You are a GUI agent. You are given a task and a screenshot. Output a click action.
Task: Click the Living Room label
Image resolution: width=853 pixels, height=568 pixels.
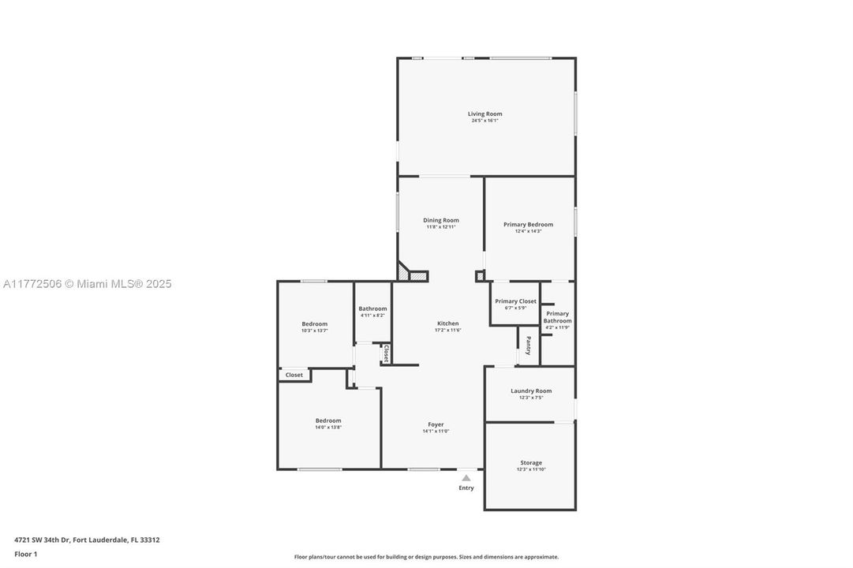point(484,114)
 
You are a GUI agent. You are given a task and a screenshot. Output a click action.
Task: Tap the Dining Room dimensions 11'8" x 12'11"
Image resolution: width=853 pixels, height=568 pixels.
point(440,227)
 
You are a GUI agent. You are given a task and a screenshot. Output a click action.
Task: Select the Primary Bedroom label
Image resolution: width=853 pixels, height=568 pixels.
point(528,225)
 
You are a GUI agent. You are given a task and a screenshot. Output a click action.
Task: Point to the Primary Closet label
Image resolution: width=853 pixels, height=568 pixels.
point(515,301)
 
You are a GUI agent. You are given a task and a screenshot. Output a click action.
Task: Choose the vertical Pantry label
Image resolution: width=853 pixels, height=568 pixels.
point(528,346)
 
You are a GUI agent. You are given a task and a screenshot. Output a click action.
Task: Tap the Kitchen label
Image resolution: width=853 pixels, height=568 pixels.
point(447,323)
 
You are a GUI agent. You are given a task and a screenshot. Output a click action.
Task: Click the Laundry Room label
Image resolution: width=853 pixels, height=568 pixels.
point(530,390)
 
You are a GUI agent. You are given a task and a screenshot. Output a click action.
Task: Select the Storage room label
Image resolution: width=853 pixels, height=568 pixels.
point(530,463)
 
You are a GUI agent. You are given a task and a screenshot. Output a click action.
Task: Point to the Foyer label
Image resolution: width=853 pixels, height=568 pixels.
point(436,424)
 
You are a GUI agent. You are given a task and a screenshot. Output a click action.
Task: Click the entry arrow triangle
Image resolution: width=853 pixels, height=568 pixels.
point(466,477)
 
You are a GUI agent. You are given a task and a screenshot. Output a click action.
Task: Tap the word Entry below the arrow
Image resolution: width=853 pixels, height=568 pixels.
point(466,488)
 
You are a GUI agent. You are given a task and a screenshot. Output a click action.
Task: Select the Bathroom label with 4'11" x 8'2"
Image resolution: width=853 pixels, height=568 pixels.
point(372,308)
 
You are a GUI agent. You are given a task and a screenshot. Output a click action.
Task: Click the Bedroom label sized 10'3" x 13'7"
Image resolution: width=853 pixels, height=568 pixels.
point(314,323)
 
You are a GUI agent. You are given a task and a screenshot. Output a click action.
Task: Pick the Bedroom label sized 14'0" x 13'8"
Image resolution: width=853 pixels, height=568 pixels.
point(328,420)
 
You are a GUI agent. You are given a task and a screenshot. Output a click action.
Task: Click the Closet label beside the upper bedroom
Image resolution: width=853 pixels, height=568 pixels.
point(294,375)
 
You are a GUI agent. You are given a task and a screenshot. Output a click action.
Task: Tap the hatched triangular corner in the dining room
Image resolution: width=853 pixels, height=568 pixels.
point(404,274)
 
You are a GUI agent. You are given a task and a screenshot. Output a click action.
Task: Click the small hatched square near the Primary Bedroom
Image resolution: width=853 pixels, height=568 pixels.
point(480,276)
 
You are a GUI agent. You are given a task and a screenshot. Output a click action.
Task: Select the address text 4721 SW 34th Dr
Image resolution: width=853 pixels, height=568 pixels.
point(43,540)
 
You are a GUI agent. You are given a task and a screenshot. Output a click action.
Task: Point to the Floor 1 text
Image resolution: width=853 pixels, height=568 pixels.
point(25,554)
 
